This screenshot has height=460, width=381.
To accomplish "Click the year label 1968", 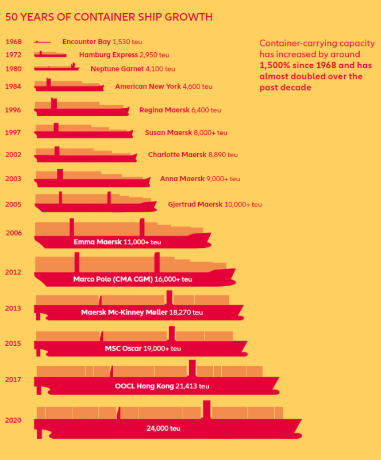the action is pyautogui.click(x=14, y=42).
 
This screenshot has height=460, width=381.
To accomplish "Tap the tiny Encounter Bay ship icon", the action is pyautogui.click(x=43, y=42).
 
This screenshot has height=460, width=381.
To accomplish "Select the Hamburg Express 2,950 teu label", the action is pyautogui.click(x=124, y=55).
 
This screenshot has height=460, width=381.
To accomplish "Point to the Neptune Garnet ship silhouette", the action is pyautogui.click(x=56, y=67).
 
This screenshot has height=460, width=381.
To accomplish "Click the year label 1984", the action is pyautogui.click(x=13, y=87).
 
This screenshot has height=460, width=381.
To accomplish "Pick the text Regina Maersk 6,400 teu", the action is pyautogui.click(x=180, y=110).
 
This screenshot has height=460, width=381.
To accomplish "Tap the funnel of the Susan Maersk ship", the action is pyautogui.click(x=56, y=127).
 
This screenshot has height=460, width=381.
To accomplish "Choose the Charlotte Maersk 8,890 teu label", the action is pyautogui.click(x=193, y=155).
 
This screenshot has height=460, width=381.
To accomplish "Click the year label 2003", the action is pyautogui.click(x=13, y=178).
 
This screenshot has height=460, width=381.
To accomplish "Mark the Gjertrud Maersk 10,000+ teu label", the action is pyautogui.click(x=215, y=205).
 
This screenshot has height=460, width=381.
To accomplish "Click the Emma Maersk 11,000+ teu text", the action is pyautogui.click(x=117, y=242).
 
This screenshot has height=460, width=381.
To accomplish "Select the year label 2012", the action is pyautogui.click(x=13, y=272).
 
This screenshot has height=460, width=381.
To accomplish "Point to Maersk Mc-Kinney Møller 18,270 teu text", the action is pyautogui.click(x=142, y=312).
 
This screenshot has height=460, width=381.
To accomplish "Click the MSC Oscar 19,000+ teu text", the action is pyautogui.click(x=143, y=349).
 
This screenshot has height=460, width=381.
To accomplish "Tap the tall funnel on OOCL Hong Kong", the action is pyautogui.click(x=193, y=368).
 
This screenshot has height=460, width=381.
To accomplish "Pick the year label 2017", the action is pyautogui.click(x=13, y=379).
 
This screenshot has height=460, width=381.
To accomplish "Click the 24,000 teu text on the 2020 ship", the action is pyautogui.click(x=163, y=428).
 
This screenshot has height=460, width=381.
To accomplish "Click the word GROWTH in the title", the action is pyautogui.click(x=188, y=17).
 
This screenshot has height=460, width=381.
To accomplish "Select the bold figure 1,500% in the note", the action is pyautogui.click(x=275, y=65).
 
